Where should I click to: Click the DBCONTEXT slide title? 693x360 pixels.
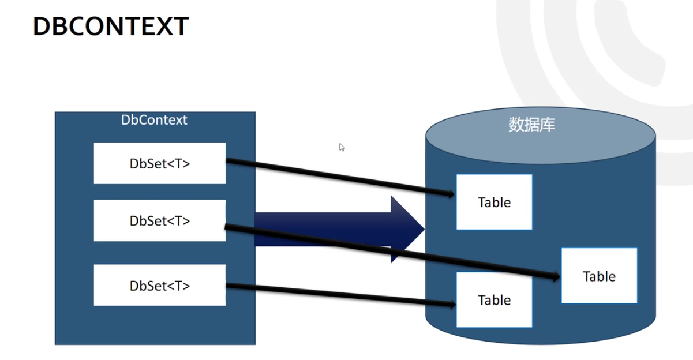[111, 27]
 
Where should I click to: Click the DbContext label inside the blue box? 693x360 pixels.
[154, 120]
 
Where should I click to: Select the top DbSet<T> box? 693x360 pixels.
[160, 163]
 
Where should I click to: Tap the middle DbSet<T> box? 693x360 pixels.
[160, 220]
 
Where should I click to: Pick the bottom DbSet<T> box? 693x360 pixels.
[160, 285]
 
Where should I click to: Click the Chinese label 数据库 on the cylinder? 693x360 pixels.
[531, 125]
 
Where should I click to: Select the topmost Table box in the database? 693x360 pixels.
[494, 202]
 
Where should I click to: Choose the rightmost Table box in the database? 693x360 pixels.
[600, 276]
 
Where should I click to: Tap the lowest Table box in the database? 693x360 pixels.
[494, 299]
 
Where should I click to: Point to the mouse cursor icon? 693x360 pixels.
[342, 147]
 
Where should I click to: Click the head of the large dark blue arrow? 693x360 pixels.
[407, 229]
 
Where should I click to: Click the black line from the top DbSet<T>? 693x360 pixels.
[340, 177]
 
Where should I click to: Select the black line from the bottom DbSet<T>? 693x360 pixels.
[340, 295]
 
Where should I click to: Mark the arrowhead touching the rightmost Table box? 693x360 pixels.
[555, 276]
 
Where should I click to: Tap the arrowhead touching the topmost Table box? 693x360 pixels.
[450, 194]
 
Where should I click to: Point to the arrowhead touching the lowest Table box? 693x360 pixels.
[451, 305]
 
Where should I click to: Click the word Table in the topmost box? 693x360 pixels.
[494, 202]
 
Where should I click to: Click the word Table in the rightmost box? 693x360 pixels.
[600, 276]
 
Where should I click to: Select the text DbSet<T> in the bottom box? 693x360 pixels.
[160, 286]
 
